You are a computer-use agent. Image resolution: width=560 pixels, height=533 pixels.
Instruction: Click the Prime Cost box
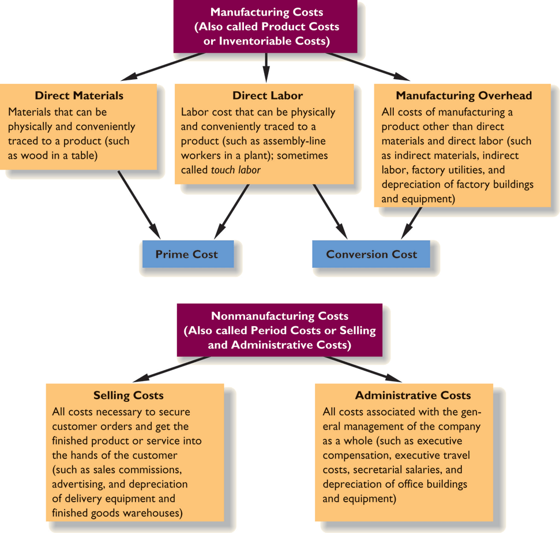[x=187, y=254]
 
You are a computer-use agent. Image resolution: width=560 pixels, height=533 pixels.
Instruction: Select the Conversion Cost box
[x=371, y=254]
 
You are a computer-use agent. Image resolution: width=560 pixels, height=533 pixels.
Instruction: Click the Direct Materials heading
[x=79, y=95]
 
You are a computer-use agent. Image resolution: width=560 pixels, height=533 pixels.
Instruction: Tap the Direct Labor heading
[x=268, y=95]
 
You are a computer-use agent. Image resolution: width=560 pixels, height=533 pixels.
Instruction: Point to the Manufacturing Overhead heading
[x=464, y=95]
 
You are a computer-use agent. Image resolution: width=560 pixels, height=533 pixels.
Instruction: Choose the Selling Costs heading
[x=128, y=396]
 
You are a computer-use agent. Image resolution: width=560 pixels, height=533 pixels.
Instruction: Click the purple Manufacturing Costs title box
[x=266, y=27]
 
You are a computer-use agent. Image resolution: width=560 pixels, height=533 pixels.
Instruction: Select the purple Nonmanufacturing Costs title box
[x=280, y=330]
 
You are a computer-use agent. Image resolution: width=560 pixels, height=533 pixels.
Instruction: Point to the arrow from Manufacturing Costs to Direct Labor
[x=266, y=66]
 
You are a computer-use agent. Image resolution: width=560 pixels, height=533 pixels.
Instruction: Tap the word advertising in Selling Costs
[x=77, y=469]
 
